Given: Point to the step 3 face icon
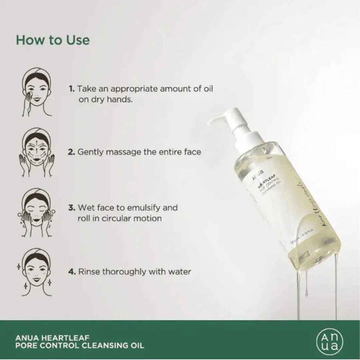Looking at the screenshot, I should pos(36,202).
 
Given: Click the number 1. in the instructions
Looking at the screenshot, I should pos(71,88).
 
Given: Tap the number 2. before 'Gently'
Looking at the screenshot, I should pos(71,153).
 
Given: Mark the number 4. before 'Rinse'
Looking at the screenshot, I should pos(71,272).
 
